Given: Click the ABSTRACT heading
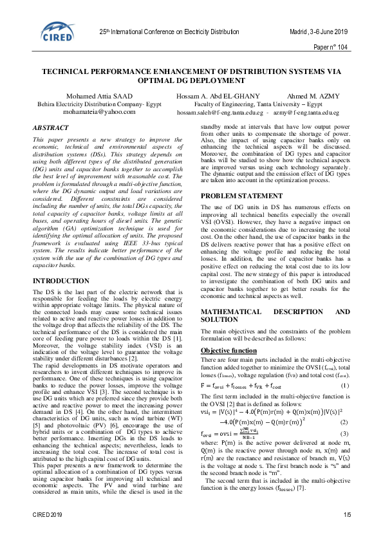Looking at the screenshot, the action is [x=51, y=129].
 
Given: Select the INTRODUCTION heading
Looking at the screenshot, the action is [x=61, y=281].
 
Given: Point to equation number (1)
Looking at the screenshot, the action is [x=345, y=386].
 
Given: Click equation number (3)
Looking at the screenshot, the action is [x=345, y=433].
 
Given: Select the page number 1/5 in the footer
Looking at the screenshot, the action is [x=348, y=534].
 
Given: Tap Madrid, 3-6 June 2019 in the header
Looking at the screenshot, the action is [x=317, y=31].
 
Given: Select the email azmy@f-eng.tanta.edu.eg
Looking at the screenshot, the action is [x=308, y=112].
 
